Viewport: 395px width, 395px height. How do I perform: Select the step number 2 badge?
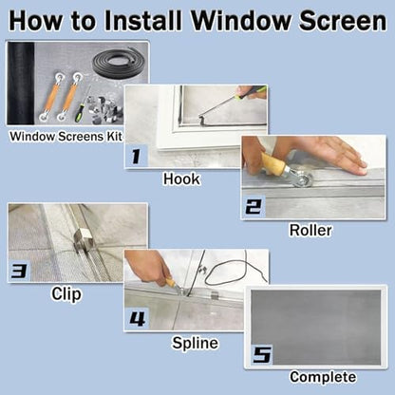(254, 206)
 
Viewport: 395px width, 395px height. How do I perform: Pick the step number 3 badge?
(19, 271)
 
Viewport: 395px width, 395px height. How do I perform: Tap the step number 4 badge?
(137, 317)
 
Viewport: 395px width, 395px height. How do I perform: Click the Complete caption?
(323, 378)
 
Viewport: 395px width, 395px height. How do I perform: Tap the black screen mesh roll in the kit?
(21, 84)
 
